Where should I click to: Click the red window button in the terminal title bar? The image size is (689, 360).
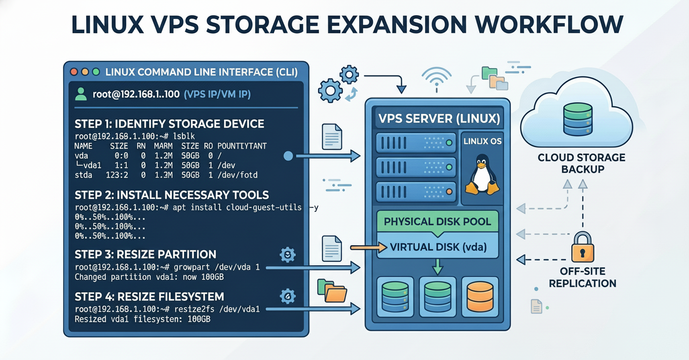tap(74, 71)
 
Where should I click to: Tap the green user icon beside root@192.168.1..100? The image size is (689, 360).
tap(81, 94)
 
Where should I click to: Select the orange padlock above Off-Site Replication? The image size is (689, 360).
tap(582, 248)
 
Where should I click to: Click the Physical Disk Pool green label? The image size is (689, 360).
tap(437, 221)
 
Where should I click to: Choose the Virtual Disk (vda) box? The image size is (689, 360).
tap(437, 247)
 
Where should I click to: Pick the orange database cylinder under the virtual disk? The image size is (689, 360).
tap(480, 294)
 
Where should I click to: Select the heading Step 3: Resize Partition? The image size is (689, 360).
tap(145, 254)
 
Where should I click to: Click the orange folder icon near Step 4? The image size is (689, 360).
tap(335, 293)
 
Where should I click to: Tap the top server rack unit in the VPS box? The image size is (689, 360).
tap(415, 143)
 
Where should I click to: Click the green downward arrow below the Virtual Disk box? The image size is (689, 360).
tap(437, 267)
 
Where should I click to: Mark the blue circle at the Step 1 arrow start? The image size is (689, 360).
tap(288, 156)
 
